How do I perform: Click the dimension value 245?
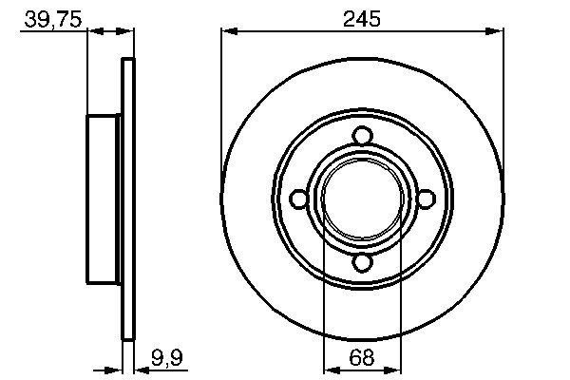pos(362,17)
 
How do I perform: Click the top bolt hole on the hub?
pos(362,135)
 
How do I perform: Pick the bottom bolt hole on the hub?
pos(362,264)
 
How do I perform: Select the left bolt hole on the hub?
pos(297,199)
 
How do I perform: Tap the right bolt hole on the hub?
pos(427,199)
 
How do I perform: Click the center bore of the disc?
pos(362,199)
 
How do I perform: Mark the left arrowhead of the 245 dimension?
pos(229,31)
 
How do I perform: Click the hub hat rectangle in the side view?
pos(105,199)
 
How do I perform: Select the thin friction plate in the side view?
pos(128,199)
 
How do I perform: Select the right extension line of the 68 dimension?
pos(401,304)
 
